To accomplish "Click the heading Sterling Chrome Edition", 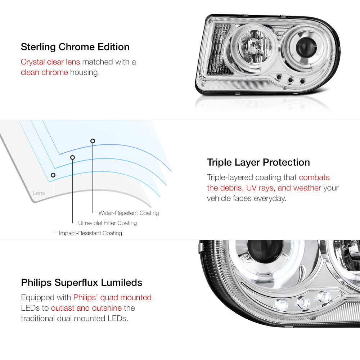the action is point(75,47).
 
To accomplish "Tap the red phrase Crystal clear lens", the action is point(50,62).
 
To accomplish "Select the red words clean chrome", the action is point(44,72).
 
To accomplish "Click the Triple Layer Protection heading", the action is point(258,163).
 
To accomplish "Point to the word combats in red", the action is point(314,177).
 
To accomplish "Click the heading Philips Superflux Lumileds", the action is point(81,283).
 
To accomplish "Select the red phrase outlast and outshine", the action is point(86,308).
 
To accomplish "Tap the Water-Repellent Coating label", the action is point(129,213).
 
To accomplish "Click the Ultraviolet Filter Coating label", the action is point(107,223).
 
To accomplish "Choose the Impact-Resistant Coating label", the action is point(90,233).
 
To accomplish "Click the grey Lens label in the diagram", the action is point(39,193).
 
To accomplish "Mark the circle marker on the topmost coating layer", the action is point(93,141).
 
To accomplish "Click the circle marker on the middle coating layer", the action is point(73,158).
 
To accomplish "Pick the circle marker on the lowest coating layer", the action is point(53,175).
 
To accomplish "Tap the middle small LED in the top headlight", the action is point(291,80).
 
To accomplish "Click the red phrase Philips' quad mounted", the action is point(112,298).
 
